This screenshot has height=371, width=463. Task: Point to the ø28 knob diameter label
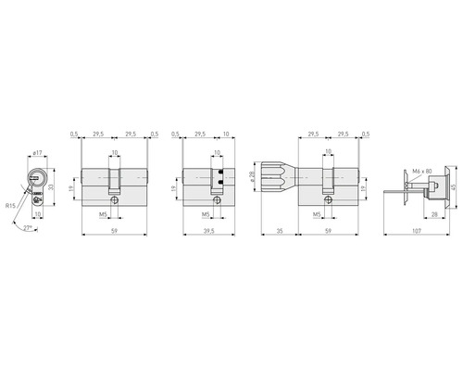(x=253, y=173)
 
